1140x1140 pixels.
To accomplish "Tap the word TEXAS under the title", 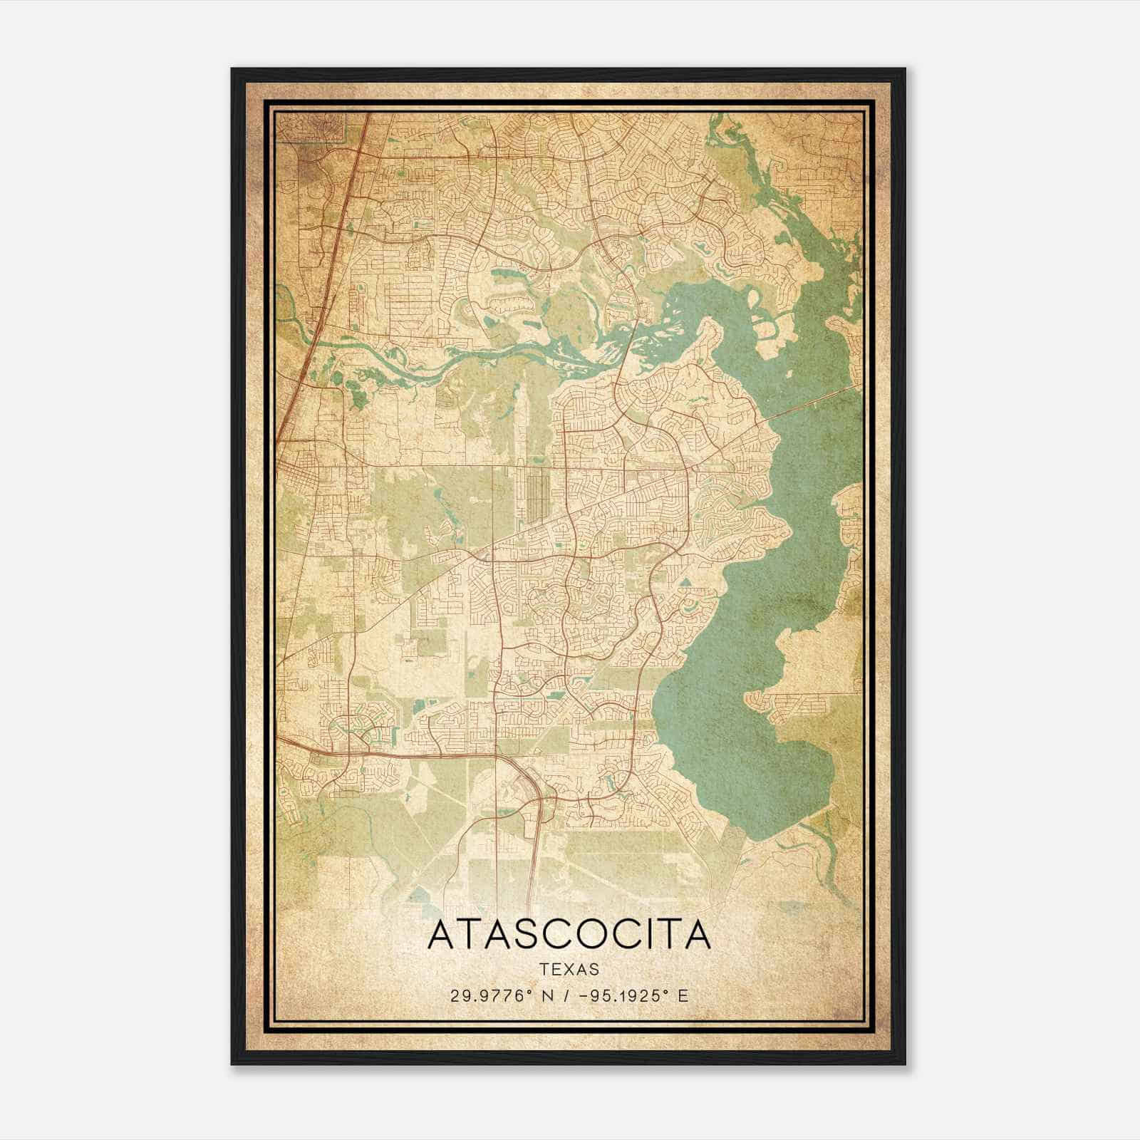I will tap(569, 969).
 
